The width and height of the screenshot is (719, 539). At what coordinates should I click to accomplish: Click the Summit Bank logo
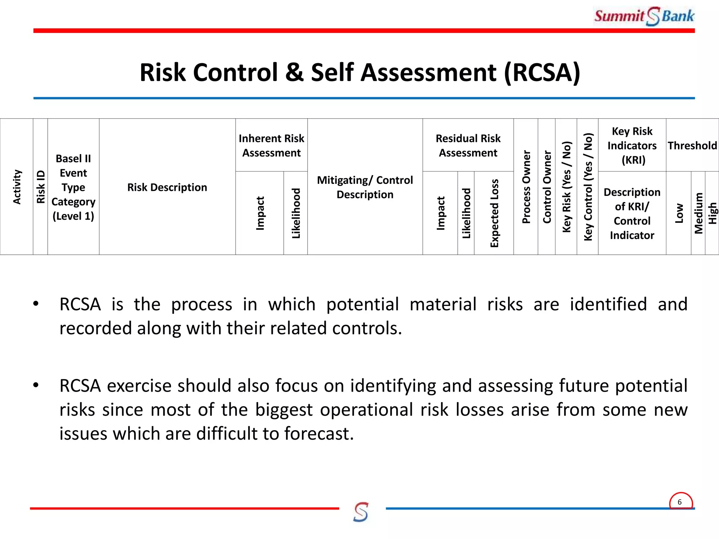(x=644, y=16)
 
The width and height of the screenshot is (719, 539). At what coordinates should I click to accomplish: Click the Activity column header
(x=17, y=187)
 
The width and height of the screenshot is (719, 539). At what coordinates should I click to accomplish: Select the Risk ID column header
(x=41, y=187)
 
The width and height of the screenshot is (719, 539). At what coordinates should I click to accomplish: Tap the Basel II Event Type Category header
(x=73, y=187)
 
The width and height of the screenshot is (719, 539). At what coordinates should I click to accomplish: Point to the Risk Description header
(x=167, y=187)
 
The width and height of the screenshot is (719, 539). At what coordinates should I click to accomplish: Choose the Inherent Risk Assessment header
(x=271, y=145)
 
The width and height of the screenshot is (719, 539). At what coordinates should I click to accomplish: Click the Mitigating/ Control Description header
(x=365, y=187)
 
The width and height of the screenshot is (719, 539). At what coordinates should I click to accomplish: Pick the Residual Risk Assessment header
(x=468, y=145)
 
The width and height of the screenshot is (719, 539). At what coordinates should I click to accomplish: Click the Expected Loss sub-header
(x=494, y=213)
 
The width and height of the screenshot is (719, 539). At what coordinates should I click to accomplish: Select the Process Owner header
(x=526, y=187)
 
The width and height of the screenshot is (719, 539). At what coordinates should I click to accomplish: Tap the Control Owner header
(x=547, y=187)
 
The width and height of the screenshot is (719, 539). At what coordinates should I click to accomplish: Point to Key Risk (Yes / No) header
(x=566, y=187)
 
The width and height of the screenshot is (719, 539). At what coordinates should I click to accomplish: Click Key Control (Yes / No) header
(x=588, y=187)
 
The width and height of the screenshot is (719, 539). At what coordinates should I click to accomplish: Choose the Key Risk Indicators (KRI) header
(x=632, y=145)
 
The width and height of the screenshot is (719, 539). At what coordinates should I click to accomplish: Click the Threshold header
(x=692, y=145)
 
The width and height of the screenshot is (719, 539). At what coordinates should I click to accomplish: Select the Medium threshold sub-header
(x=698, y=213)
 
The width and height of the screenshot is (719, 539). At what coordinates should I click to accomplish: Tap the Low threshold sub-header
(x=679, y=213)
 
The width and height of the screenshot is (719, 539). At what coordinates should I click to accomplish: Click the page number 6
(x=680, y=502)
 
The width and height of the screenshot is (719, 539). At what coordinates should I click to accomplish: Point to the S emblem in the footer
(x=361, y=512)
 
